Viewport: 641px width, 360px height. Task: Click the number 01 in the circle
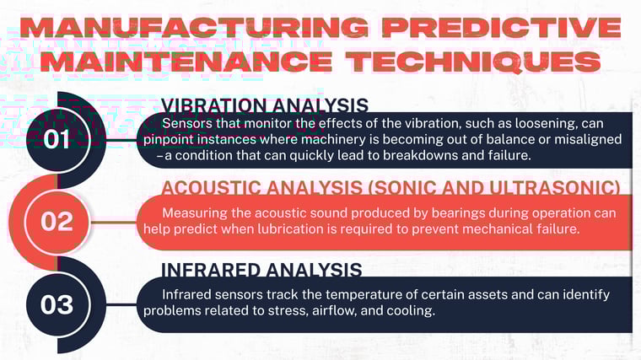point(57,138)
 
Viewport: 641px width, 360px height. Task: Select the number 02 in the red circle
point(57,221)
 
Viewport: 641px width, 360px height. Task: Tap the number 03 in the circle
point(57,304)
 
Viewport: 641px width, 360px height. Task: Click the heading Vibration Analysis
point(264,105)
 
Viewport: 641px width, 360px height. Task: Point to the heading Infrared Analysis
point(261,270)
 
